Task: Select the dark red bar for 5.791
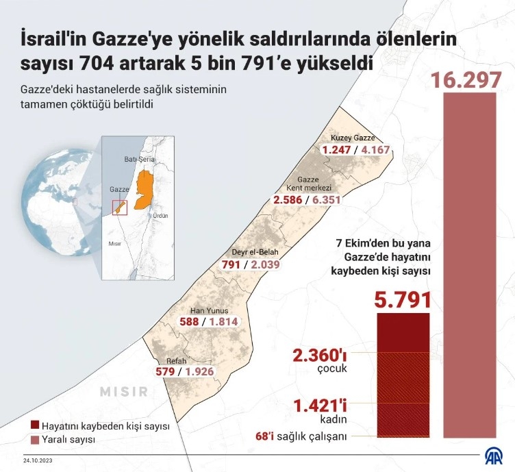[x=403, y=373]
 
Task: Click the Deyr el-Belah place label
[x=248, y=251]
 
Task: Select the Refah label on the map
[x=176, y=361]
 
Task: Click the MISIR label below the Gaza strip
[x=123, y=392]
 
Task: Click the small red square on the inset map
[x=119, y=208]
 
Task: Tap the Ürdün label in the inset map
[x=160, y=215]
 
